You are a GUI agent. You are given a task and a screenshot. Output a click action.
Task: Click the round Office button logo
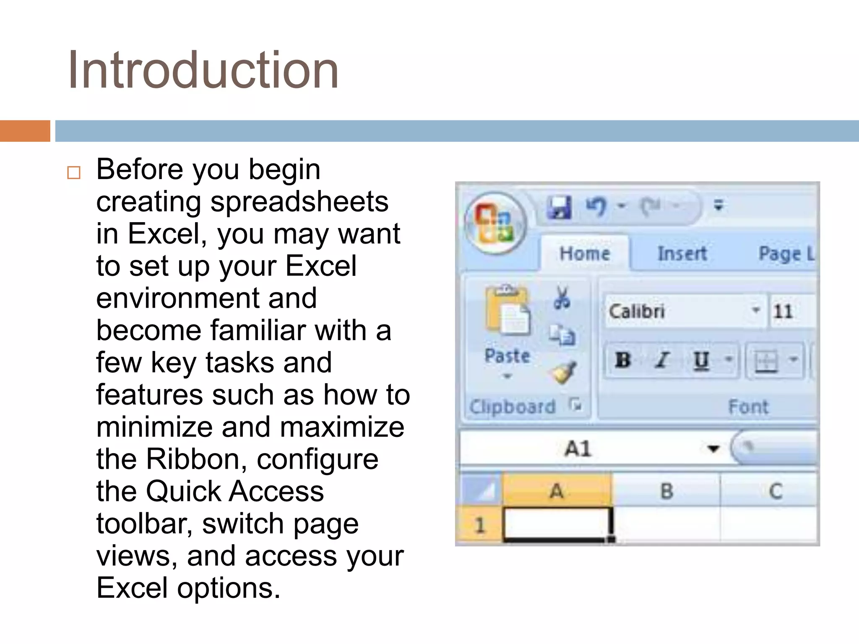click(x=495, y=223)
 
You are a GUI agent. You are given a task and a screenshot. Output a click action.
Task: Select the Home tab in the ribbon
click(x=585, y=254)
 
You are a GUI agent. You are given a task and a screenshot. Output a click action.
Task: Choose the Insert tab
click(x=682, y=254)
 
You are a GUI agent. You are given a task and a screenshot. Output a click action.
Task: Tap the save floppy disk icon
click(x=560, y=207)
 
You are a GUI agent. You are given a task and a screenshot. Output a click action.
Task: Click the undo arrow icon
click(x=596, y=206)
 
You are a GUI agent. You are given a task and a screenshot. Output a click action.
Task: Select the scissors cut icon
click(x=562, y=298)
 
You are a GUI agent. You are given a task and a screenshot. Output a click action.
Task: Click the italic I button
click(x=662, y=360)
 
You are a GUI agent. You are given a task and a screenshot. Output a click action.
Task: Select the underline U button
click(x=701, y=360)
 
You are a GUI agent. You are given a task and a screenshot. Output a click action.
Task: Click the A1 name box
click(x=579, y=449)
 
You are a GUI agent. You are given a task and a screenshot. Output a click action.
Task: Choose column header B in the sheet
click(x=666, y=491)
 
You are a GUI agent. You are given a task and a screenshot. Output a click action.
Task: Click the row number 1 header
click(x=480, y=525)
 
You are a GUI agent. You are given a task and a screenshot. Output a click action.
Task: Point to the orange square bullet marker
click(x=74, y=173)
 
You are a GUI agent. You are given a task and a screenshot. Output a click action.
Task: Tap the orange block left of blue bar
click(x=25, y=131)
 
